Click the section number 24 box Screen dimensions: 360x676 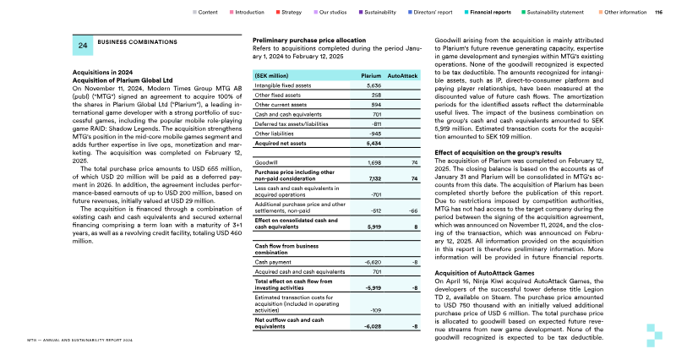(83, 46)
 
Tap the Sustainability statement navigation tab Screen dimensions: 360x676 (553, 13)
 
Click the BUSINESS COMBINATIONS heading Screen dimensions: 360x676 (130, 41)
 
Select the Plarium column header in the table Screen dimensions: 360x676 (372, 75)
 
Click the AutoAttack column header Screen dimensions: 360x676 (403, 75)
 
